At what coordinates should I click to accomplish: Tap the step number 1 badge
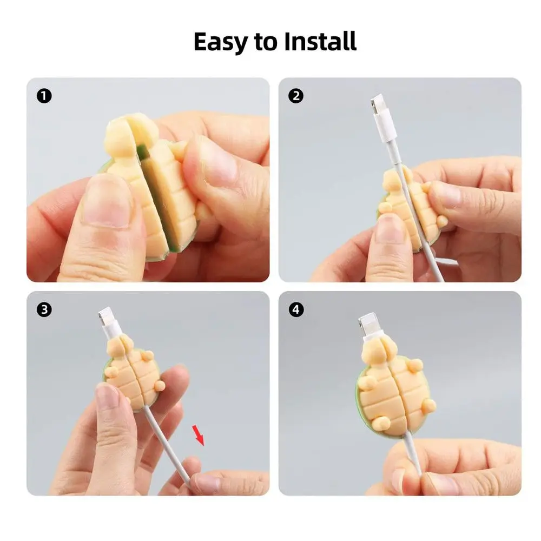pyautogui.click(x=44, y=97)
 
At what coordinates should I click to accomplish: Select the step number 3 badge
pyautogui.click(x=44, y=310)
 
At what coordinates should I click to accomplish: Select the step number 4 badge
pyautogui.click(x=296, y=310)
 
